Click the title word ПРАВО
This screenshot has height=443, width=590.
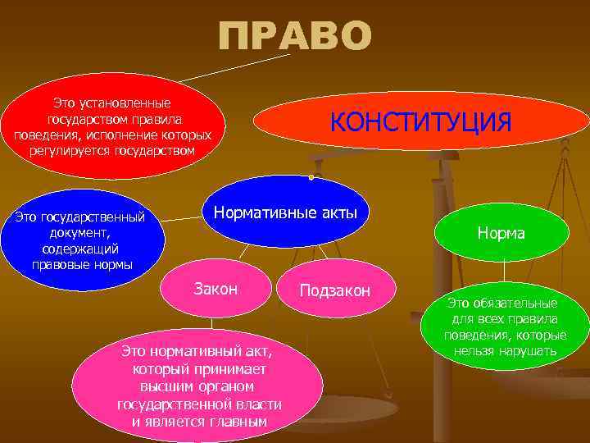(295, 37)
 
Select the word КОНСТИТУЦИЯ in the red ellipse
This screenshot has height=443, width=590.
(420, 121)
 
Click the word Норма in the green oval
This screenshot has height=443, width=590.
(501, 234)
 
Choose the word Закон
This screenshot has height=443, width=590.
(216, 288)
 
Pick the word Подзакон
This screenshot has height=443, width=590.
(335, 290)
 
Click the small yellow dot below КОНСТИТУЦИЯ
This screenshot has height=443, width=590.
(312, 176)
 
